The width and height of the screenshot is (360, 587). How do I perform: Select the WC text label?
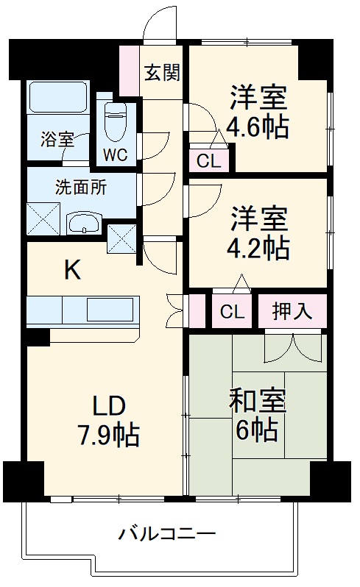point(115,155)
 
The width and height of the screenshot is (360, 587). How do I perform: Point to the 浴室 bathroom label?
point(57,139)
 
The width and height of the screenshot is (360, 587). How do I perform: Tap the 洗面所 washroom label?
point(81,186)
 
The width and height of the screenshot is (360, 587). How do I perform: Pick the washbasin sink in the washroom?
point(82,224)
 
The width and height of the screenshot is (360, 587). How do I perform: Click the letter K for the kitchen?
point(71,271)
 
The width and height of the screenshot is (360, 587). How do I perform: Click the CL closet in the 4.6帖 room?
point(208,161)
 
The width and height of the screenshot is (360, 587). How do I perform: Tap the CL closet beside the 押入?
point(232,312)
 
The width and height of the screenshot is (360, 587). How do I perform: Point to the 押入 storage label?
point(290,311)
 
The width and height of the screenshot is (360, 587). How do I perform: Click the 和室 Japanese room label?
point(257,401)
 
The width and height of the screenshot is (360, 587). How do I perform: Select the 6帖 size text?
point(257,429)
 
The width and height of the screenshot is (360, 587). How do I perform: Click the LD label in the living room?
point(110,406)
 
